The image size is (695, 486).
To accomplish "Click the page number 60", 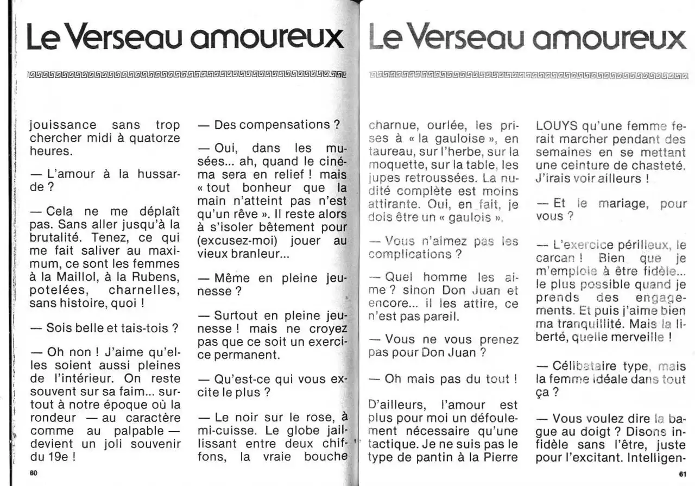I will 33,473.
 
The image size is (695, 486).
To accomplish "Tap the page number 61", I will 683,474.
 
